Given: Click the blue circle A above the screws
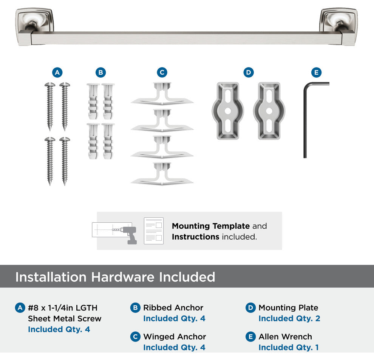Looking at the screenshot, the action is coord(57,72).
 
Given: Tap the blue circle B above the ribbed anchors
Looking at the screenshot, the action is coord(100,72).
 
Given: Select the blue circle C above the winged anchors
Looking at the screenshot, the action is coord(162,72).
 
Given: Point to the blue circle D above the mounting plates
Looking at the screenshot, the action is coord(249,72).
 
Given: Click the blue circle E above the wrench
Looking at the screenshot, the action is coord(317,72).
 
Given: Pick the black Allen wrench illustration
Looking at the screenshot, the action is coord(305,119).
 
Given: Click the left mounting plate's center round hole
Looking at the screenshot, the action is coord(228,111).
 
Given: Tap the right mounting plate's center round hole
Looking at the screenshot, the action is coord(269,111).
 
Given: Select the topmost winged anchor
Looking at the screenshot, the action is coord(162,94).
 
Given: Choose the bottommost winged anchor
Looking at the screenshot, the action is coord(162,174).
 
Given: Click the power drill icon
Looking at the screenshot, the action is coord(130,235).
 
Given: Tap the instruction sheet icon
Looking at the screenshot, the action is coord(154,231).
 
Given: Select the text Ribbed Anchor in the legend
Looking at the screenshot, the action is coord(173,308).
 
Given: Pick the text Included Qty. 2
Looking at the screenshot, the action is coord(289,318).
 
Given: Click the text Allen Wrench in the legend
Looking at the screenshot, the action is coord(285,337).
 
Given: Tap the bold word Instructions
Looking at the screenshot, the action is coord(196,237).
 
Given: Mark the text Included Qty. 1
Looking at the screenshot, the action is coord(289,348).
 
